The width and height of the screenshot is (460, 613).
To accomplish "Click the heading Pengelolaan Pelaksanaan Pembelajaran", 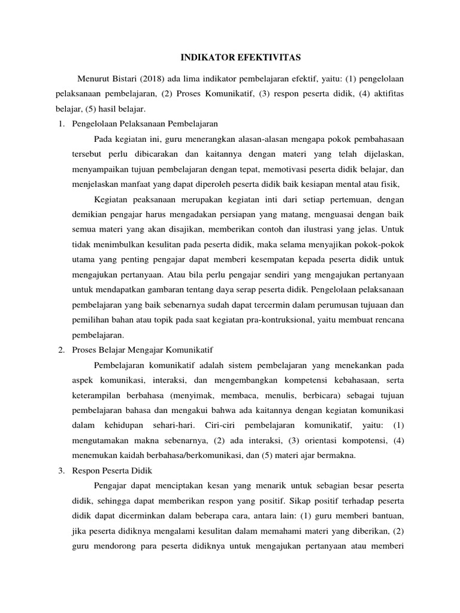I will point(144,123).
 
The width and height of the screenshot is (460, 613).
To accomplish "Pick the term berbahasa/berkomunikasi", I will point(170,455).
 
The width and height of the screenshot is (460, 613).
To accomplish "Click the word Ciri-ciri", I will point(202,425).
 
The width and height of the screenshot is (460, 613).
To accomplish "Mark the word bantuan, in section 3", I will point(384,517).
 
